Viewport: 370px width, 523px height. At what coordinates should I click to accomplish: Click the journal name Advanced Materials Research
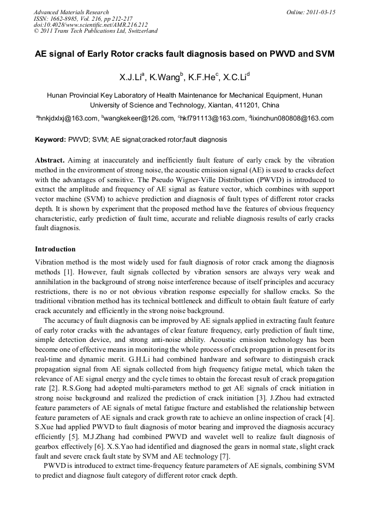coord(71,12)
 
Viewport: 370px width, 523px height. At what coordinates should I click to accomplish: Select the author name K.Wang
coord(167,77)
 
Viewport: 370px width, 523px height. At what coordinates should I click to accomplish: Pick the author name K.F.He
coord(202,77)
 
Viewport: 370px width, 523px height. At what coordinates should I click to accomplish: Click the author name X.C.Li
coord(236,77)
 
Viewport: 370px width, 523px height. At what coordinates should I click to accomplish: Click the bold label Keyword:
coord(50,140)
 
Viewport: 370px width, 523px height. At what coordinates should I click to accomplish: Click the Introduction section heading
coord(55,249)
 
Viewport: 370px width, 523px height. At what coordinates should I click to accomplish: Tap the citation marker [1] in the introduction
coord(70,272)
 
